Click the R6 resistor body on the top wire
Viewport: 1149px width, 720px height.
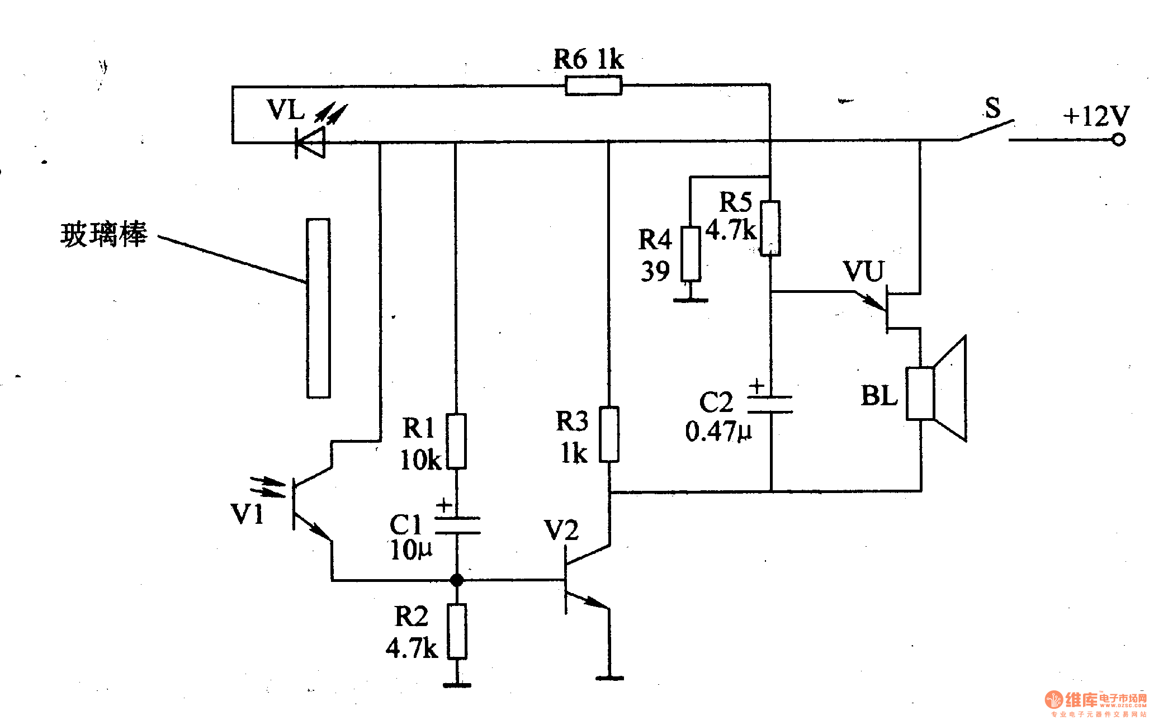point(593,86)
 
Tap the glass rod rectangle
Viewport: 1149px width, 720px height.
point(318,308)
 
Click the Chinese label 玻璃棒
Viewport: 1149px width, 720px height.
point(103,234)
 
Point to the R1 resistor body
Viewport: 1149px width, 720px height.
point(456,441)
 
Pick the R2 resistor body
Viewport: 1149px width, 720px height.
point(457,631)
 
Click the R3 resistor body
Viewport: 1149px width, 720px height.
point(609,434)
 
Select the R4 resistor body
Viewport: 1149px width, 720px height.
point(691,254)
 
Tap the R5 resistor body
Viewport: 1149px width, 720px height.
point(770,228)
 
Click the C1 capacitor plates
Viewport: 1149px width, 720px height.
point(457,525)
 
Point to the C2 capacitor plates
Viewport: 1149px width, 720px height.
point(770,404)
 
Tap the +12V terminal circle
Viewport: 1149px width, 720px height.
point(1118,140)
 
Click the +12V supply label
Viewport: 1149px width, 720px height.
point(1096,116)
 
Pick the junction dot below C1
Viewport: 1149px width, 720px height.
point(457,580)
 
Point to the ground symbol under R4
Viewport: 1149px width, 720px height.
point(691,300)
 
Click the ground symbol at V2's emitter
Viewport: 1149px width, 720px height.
point(609,678)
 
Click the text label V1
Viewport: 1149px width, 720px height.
point(247,514)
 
